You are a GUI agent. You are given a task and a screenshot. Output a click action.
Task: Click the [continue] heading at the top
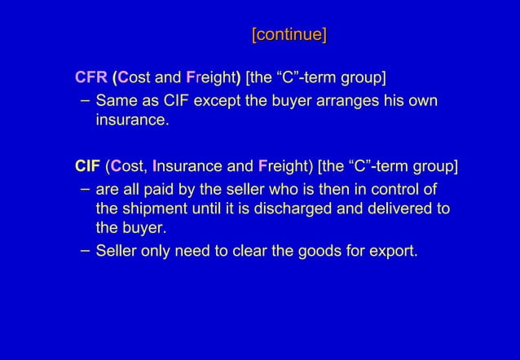click(x=289, y=35)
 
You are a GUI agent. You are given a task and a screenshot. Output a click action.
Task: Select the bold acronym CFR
click(x=90, y=78)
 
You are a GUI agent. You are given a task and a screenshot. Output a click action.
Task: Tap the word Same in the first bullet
click(x=115, y=101)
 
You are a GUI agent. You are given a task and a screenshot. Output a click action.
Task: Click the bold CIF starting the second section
click(x=87, y=167)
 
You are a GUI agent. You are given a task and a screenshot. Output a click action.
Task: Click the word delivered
click(x=390, y=209)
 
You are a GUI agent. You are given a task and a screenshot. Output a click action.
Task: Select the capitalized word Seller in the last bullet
click(x=116, y=250)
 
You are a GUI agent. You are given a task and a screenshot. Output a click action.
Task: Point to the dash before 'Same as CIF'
click(x=86, y=101)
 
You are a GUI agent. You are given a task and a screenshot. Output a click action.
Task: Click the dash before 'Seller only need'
click(x=86, y=249)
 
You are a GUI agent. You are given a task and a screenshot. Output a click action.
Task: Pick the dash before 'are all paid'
click(x=86, y=189)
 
